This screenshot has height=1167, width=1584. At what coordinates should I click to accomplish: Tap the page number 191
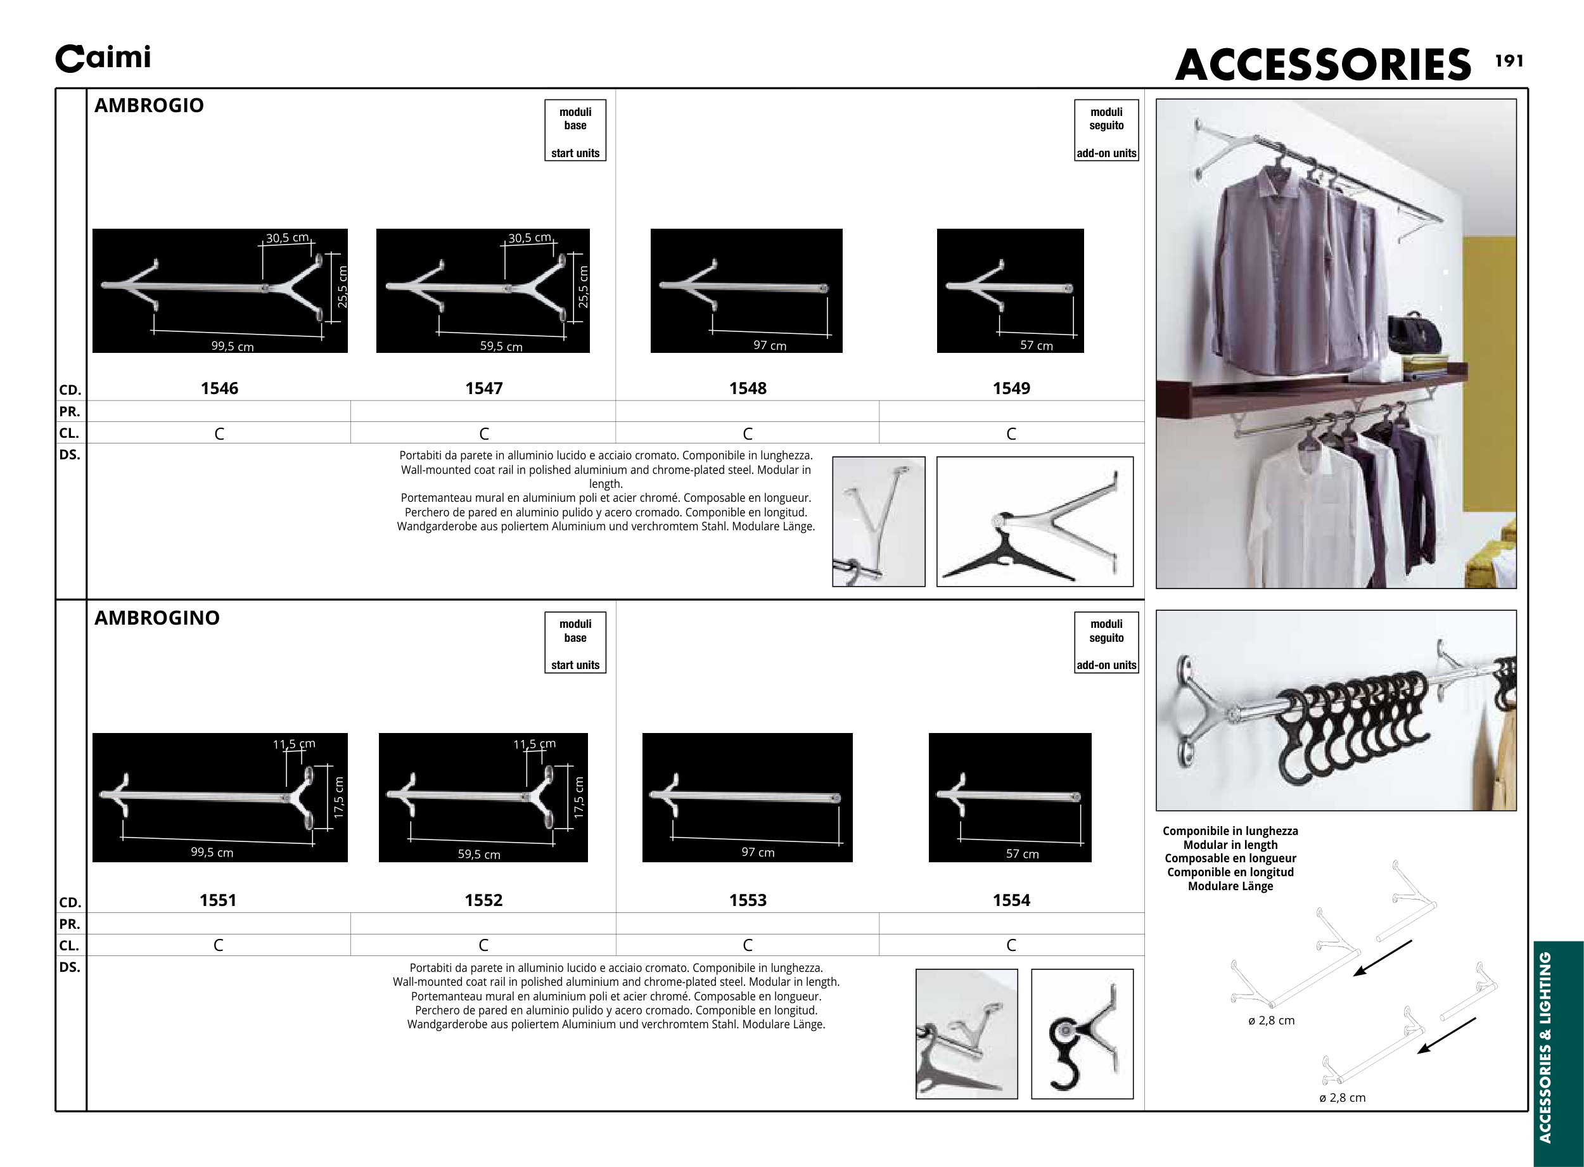(1509, 61)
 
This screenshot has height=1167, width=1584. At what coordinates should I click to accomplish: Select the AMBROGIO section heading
(149, 106)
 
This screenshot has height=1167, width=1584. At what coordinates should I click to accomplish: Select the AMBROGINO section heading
(157, 618)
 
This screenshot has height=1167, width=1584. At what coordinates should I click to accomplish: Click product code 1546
(219, 388)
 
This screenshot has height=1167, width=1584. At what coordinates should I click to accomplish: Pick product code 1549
(1011, 388)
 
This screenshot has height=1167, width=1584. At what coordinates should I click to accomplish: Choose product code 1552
(483, 901)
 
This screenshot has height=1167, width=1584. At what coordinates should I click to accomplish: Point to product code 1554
(1011, 901)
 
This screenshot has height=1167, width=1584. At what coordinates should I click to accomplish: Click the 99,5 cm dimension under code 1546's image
(233, 347)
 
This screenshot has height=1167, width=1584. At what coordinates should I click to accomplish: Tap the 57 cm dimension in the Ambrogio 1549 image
(1036, 345)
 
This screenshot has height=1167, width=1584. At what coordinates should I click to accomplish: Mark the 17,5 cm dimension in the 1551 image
(339, 798)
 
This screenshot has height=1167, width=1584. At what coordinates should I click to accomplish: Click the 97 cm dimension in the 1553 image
(757, 853)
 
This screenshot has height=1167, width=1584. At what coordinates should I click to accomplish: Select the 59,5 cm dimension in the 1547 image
(501, 346)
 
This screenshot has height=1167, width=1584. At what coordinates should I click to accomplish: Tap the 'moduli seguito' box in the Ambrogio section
(1106, 131)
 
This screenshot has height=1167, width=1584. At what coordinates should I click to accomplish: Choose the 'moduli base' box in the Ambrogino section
(575, 642)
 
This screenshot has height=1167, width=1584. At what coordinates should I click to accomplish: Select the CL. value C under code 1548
(748, 434)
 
